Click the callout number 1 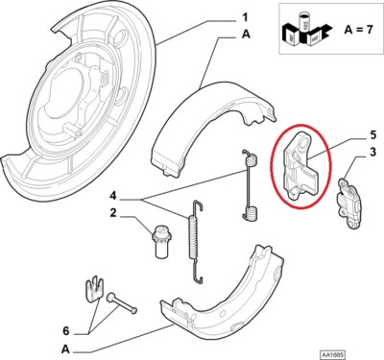(x=244, y=16)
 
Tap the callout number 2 (x=113, y=212)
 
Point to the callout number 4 (x=113, y=196)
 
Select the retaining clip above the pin (x=92, y=287)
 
